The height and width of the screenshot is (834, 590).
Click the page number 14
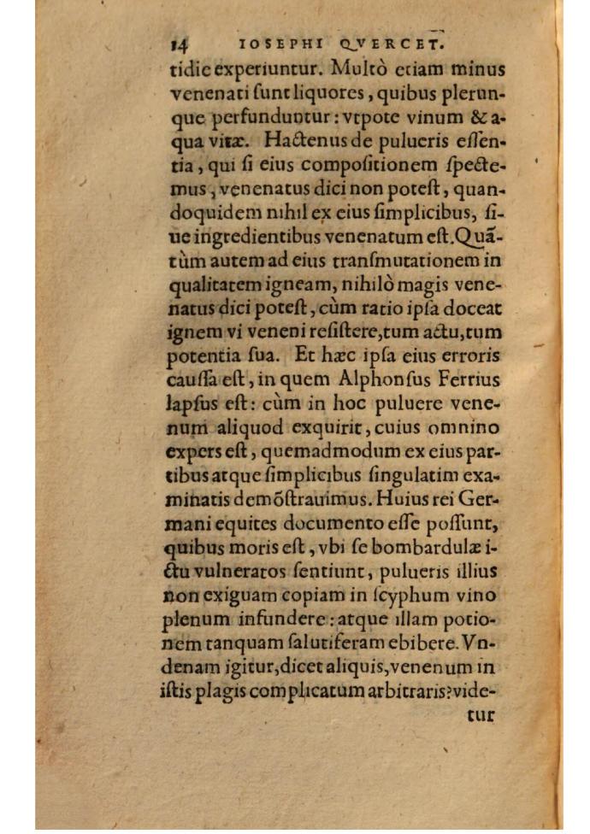(x=180, y=44)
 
